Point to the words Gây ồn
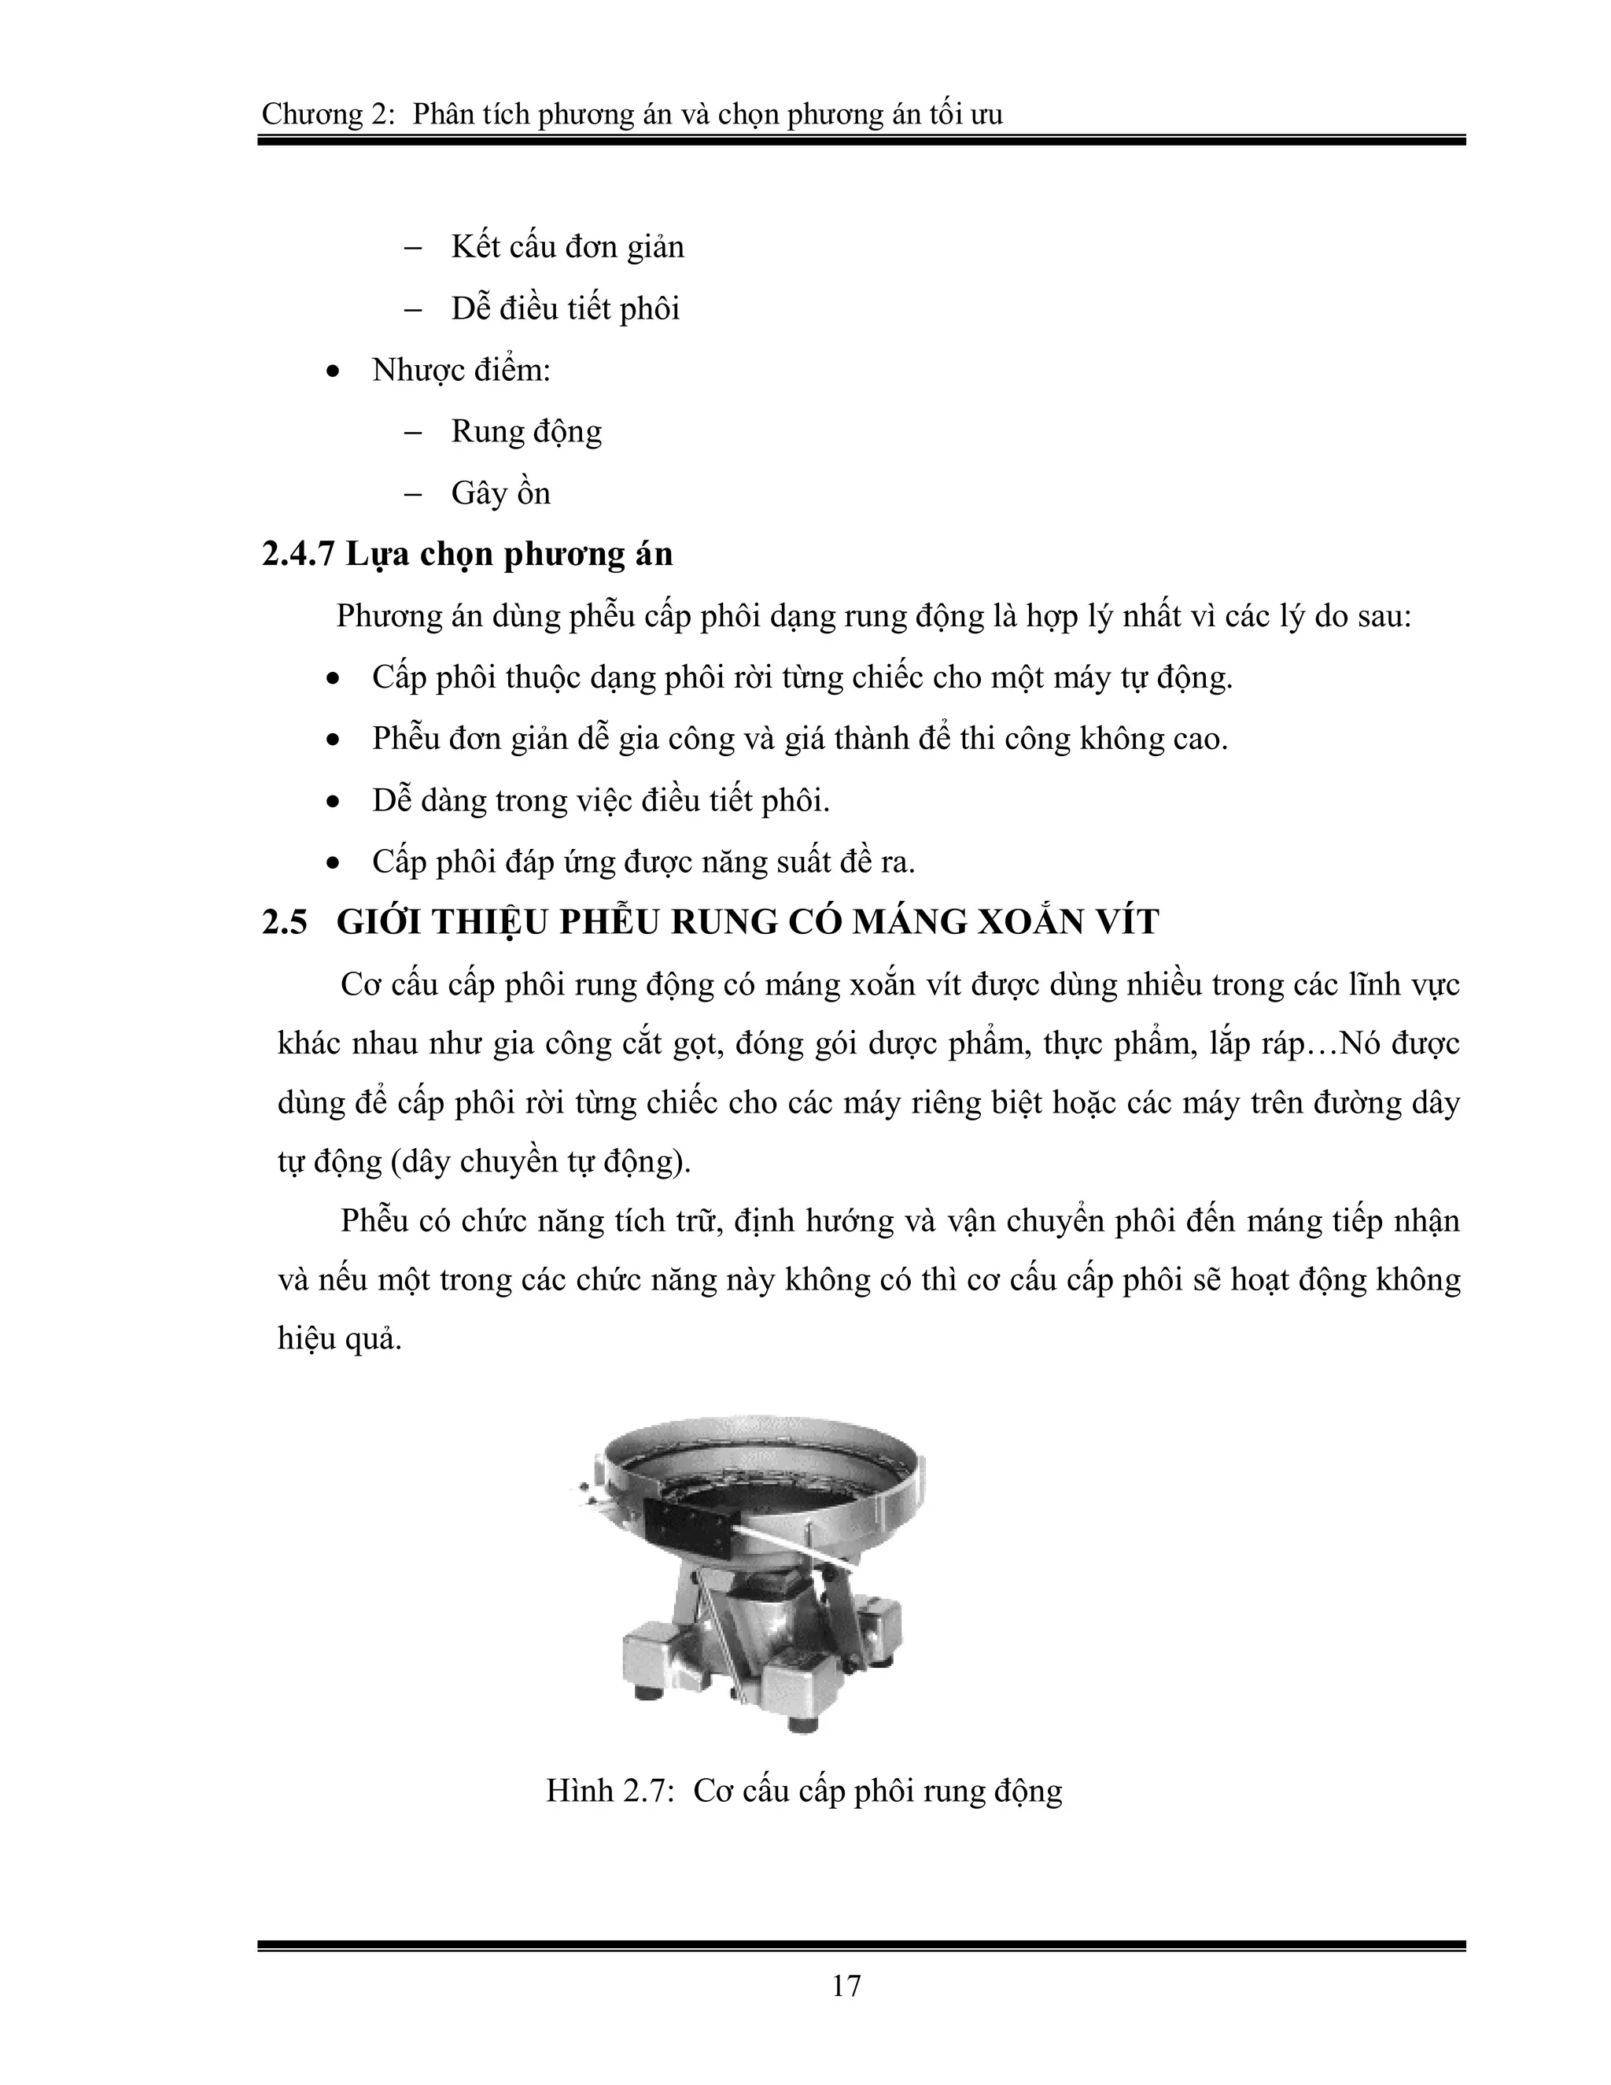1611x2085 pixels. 500,493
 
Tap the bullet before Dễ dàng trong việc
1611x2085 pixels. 333,803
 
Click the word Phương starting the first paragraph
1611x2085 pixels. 390,617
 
